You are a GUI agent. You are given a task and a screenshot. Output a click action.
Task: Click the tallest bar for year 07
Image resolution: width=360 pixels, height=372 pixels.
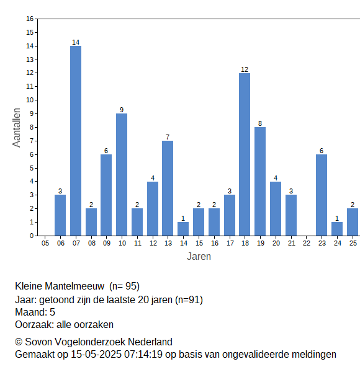76,141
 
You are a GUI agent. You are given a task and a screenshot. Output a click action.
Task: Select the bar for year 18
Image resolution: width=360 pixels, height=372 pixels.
245,154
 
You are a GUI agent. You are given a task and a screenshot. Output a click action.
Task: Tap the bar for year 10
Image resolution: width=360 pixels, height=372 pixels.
122,175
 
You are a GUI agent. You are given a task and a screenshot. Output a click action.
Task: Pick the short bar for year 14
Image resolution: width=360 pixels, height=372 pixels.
183,229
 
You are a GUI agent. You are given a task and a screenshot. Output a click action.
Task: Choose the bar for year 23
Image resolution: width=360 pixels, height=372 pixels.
322,195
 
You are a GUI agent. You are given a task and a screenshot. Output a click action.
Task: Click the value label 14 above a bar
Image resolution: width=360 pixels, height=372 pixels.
76,42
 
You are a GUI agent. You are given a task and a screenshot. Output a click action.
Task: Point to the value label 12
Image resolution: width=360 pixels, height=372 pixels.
245,69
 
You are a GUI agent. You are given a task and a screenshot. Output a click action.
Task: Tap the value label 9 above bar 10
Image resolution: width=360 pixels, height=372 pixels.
122,110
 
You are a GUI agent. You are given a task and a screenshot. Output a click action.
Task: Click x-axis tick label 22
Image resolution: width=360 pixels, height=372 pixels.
307,243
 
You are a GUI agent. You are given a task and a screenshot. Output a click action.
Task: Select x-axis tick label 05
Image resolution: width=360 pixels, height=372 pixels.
45,243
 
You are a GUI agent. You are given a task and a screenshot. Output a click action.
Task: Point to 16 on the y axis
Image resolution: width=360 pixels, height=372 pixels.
30,19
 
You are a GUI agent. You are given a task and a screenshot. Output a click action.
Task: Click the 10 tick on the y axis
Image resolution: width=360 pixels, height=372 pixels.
30,100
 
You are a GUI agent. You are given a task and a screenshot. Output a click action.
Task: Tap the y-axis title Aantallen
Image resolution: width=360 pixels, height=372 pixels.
16,128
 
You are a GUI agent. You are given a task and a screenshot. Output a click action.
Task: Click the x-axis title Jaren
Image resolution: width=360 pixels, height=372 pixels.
199,257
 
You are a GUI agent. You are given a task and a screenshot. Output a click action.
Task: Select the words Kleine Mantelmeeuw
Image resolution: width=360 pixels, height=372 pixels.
60,286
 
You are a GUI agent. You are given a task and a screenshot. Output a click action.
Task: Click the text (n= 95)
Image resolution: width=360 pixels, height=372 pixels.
124,286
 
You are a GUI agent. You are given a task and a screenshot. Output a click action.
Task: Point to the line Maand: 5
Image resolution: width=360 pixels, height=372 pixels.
35,312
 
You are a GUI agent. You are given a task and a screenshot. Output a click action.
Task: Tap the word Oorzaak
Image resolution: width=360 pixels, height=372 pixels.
34,324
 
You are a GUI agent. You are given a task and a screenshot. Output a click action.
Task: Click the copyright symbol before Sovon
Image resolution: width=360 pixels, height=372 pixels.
19,342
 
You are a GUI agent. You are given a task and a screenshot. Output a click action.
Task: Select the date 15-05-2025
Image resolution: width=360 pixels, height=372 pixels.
96,355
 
